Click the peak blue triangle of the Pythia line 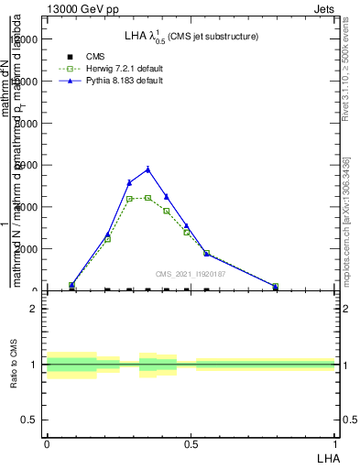click(x=147, y=169)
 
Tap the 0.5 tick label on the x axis click(x=191, y=443)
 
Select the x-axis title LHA click(x=326, y=456)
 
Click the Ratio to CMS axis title click(x=14, y=365)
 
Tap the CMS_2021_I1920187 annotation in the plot click(x=191, y=273)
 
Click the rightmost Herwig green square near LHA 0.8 click(x=275, y=287)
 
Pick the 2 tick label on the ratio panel click(x=33, y=309)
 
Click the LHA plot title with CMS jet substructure click(x=191, y=36)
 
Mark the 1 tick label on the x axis click(x=334, y=443)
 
